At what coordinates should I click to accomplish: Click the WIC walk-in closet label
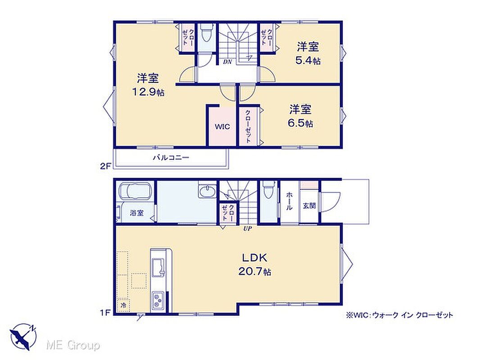tap(222, 127)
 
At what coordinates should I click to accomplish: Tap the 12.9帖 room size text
tap(148, 91)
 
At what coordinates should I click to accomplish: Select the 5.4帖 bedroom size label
tap(308, 60)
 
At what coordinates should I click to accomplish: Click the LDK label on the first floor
tap(255, 257)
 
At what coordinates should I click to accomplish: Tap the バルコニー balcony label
tap(171, 158)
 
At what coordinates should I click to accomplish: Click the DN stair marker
tap(227, 62)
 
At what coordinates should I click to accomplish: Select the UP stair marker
tap(248, 228)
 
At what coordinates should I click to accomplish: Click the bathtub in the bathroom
tap(135, 192)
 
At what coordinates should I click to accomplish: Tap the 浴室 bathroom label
tap(136, 213)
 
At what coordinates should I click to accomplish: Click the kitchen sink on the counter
tap(158, 268)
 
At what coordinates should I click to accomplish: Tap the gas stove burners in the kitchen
tap(158, 300)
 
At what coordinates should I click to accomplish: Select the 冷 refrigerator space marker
tap(123, 305)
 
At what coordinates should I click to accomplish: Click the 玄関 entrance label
tap(309, 206)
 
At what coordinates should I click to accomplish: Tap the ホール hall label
tap(289, 201)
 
